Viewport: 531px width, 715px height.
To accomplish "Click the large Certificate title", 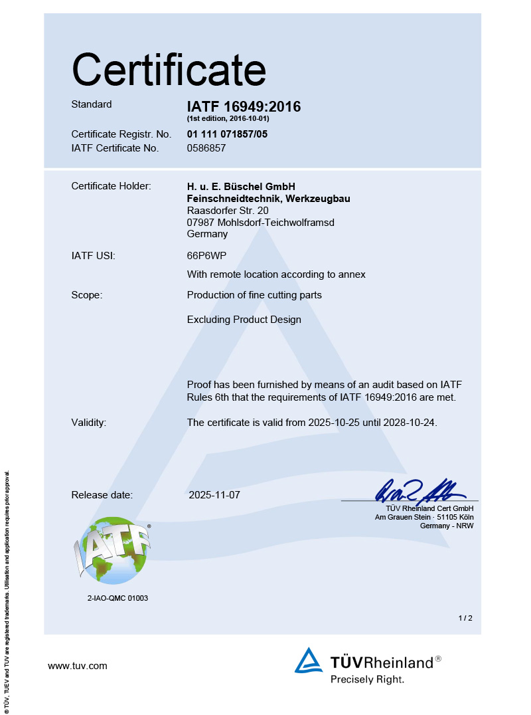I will (169, 69).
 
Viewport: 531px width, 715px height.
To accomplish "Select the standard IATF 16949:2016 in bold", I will (244, 106).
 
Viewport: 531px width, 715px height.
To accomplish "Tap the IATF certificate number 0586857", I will (206, 148).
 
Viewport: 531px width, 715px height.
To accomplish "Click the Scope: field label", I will (86, 295).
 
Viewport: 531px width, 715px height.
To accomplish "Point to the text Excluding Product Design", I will (244, 320).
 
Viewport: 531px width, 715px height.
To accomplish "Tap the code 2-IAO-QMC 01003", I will (117, 598).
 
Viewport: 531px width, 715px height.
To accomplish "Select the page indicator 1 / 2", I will (465, 618).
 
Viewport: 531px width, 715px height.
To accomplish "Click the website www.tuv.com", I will (78, 666).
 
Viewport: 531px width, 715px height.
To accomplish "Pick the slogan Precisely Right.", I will (367, 679).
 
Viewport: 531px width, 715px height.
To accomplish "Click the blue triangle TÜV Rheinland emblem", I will (309, 661).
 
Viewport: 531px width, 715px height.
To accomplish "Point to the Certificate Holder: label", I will (111, 186).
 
